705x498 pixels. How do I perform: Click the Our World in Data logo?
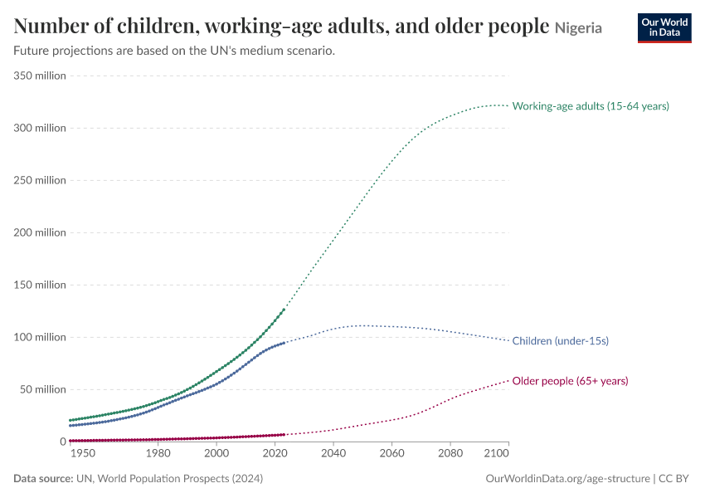click(x=664, y=28)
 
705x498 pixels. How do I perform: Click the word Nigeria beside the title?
click(x=578, y=28)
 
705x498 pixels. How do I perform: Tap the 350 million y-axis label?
click(x=40, y=76)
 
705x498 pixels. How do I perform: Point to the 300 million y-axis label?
click(x=40, y=128)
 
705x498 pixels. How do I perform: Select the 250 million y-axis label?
click(x=40, y=180)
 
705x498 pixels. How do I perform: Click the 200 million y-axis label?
click(x=40, y=232)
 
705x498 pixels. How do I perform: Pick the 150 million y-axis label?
click(x=40, y=285)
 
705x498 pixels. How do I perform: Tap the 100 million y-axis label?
click(x=40, y=338)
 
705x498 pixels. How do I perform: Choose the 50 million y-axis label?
click(x=42, y=389)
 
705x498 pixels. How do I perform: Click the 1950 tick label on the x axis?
click(x=83, y=453)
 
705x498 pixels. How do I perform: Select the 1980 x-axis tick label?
click(x=158, y=453)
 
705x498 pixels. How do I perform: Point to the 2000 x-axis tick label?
click(x=216, y=453)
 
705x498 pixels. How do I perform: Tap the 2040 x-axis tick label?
click(x=333, y=453)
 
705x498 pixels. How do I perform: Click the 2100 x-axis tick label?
click(x=496, y=453)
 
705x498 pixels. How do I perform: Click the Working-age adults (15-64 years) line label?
click(x=591, y=106)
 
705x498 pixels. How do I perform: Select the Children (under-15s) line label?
click(x=561, y=341)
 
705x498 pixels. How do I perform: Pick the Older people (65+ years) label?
click(x=570, y=381)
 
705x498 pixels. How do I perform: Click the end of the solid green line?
click(x=284, y=310)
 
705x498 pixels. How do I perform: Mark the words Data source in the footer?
click(x=43, y=478)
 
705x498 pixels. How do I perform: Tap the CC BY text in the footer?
click(x=673, y=478)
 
